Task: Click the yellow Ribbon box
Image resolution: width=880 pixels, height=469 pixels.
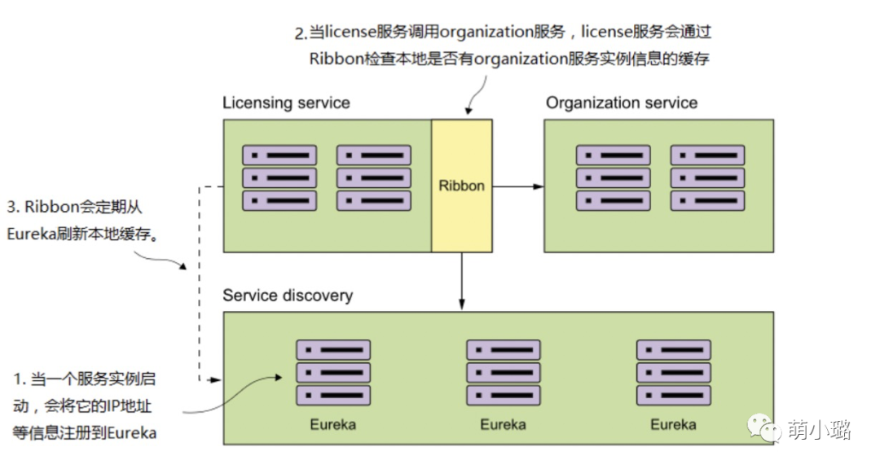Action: tap(462, 186)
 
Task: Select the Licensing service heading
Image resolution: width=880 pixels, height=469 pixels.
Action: tap(286, 103)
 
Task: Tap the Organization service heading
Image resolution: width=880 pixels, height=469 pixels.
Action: tap(622, 103)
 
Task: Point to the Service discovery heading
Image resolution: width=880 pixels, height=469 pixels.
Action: tap(288, 295)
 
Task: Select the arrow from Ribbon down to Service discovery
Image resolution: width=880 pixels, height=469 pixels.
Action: tap(462, 281)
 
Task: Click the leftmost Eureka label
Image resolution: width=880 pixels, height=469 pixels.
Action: tap(332, 425)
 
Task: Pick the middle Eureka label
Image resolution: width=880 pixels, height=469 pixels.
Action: tap(503, 425)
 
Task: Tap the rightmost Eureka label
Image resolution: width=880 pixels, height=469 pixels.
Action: tap(673, 425)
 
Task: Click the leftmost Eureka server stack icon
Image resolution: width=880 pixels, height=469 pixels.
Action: tap(332, 373)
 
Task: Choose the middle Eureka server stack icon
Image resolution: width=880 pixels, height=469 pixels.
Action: tap(503, 373)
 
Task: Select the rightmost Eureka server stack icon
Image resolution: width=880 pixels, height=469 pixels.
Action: tap(673, 373)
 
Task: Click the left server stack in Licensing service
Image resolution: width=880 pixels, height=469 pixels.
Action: tap(279, 178)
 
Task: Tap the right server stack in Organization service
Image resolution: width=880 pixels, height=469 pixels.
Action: tap(707, 178)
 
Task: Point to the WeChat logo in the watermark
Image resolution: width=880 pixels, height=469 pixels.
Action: tap(765, 429)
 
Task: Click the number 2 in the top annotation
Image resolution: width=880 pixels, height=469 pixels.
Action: tap(298, 34)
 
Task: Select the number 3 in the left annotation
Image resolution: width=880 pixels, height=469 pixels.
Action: tap(11, 207)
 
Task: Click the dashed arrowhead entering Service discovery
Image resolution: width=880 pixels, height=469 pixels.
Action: tap(217, 380)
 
